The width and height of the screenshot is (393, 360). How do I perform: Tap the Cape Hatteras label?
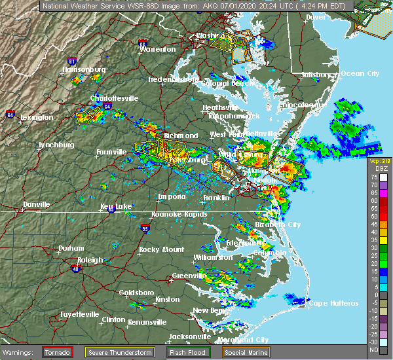point(333,303)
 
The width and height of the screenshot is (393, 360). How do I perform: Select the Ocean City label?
point(360,73)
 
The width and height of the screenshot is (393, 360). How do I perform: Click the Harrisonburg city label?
point(84,69)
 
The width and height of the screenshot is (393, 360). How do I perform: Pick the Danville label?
point(37,204)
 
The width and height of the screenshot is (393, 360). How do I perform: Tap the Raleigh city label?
point(90,260)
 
